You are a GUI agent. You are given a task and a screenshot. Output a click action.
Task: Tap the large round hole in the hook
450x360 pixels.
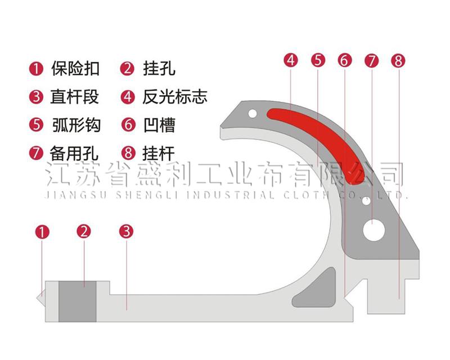373,231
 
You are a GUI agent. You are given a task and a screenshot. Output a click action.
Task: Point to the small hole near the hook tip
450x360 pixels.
253,114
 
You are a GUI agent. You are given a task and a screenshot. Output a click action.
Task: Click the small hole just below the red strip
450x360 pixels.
366,201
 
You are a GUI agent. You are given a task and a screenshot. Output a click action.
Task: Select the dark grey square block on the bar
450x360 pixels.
78,301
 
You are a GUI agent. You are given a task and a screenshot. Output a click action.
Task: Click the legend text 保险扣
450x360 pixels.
75,68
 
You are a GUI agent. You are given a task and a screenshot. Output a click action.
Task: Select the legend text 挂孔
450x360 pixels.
159,68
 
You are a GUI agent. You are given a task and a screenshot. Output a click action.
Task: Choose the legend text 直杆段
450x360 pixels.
75,96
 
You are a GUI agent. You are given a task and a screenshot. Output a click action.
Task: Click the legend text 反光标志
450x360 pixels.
175,96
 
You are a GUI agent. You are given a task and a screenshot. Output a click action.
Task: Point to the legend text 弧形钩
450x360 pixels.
76,125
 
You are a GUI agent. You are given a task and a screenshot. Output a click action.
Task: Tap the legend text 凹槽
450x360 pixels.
159,125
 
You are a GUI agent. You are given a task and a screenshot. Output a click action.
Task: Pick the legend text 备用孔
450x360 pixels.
74,153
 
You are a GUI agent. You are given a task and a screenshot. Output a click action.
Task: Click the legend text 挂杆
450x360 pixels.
159,153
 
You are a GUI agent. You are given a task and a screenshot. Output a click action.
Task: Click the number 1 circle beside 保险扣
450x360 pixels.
36,69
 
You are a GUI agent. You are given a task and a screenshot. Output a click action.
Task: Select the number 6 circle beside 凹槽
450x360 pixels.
128,125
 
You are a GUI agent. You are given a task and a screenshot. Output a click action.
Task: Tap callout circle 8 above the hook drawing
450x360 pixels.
398,61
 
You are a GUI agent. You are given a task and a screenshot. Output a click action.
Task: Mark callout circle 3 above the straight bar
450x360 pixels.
126,231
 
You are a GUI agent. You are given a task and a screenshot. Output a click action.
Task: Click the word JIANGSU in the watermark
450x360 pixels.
76,195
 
